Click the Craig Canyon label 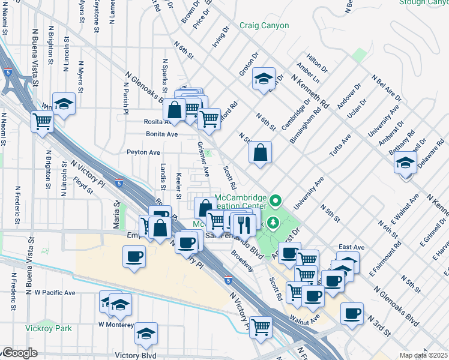tap(264, 26)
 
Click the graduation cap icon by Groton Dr tap(264, 79)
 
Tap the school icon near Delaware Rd tap(406, 163)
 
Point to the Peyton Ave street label tap(143, 152)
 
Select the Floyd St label tap(83, 185)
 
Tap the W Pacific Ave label tap(55, 293)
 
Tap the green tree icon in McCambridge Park tap(274, 223)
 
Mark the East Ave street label tap(351, 247)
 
